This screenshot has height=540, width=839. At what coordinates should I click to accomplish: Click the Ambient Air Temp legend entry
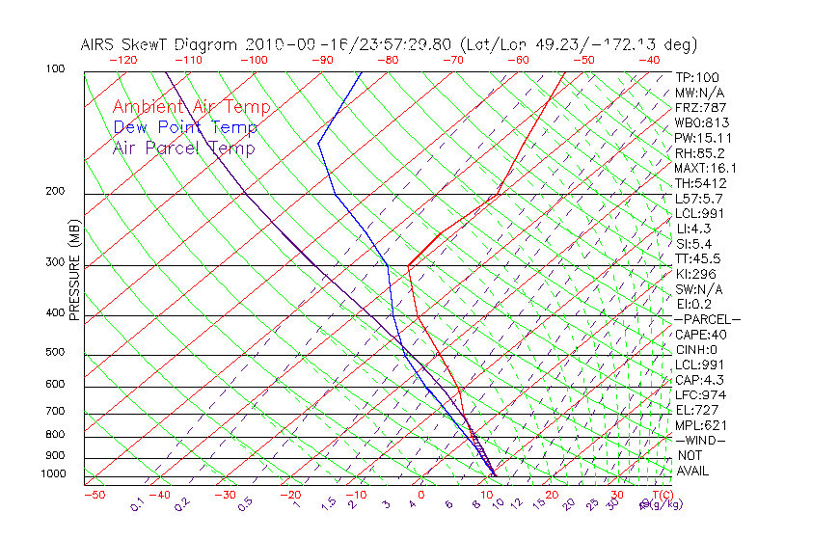[x=192, y=107]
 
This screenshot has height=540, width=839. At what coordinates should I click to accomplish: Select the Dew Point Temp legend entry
[x=185, y=127]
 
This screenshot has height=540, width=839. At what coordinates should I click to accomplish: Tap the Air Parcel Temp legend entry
[x=184, y=148]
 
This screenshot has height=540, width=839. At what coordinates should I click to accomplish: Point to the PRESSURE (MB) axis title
[x=74, y=269]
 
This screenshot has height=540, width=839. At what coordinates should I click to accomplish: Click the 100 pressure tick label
[x=55, y=69]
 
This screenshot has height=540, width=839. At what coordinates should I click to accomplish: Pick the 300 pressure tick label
[x=55, y=261]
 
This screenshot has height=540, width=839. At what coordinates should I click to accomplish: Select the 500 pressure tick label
[x=55, y=352]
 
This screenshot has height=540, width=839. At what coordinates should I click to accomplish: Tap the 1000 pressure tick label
[x=52, y=473]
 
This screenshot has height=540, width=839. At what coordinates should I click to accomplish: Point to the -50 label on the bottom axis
[x=94, y=495]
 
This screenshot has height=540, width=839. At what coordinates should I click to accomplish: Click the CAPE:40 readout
[x=700, y=335]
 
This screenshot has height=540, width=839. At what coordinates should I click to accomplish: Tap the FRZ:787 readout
[x=701, y=108]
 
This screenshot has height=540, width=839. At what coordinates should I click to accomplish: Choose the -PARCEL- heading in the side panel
[x=708, y=319]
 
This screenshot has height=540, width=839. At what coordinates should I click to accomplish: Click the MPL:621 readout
[x=700, y=425]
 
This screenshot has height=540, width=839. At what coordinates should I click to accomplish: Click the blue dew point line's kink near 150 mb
[x=319, y=143]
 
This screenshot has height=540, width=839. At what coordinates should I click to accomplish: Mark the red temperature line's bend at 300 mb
[x=409, y=266]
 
